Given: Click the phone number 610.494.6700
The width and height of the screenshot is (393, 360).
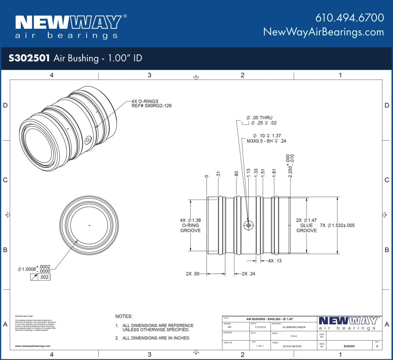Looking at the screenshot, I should [x=349, y=18].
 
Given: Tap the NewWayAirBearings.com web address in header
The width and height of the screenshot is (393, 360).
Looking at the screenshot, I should [x=324, y=32].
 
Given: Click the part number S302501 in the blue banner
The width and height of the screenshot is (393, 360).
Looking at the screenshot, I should [x=29, y=58].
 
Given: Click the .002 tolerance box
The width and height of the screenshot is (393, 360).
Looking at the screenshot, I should [x=44, y=277].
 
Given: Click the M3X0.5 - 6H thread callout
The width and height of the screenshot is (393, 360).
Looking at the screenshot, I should [x=266, y=141].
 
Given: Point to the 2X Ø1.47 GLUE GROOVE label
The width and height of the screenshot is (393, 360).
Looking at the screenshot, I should [x=306, y=226].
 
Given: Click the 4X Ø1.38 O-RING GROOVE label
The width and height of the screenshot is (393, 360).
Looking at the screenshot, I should [x=190, y=226].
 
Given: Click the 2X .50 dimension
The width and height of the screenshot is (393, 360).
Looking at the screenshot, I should [x=192, y=274].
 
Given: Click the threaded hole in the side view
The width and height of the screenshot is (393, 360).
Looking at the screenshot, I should [x=249, y=226].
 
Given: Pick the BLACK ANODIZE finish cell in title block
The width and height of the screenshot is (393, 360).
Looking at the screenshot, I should [x=293, y=346].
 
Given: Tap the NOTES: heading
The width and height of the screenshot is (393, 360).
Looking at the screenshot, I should [x=124, y=316].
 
